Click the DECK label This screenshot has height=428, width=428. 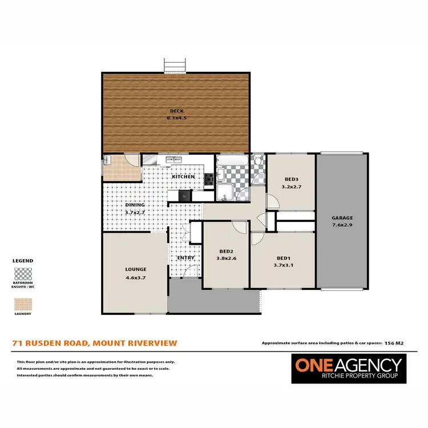pos(176,111)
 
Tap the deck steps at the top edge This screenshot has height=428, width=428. pos(175,66)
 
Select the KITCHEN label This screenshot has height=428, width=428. pos(183,177)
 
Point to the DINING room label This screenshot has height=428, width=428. pos(135,205)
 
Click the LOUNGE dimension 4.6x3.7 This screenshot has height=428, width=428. pos(136,278)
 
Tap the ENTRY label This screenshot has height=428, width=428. pos(186,257)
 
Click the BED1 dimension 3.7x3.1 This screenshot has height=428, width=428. pos(283,264)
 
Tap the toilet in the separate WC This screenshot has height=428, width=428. pos(258,161)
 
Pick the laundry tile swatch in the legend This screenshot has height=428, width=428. pos(23,304)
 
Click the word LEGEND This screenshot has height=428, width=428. pos(23,261)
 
